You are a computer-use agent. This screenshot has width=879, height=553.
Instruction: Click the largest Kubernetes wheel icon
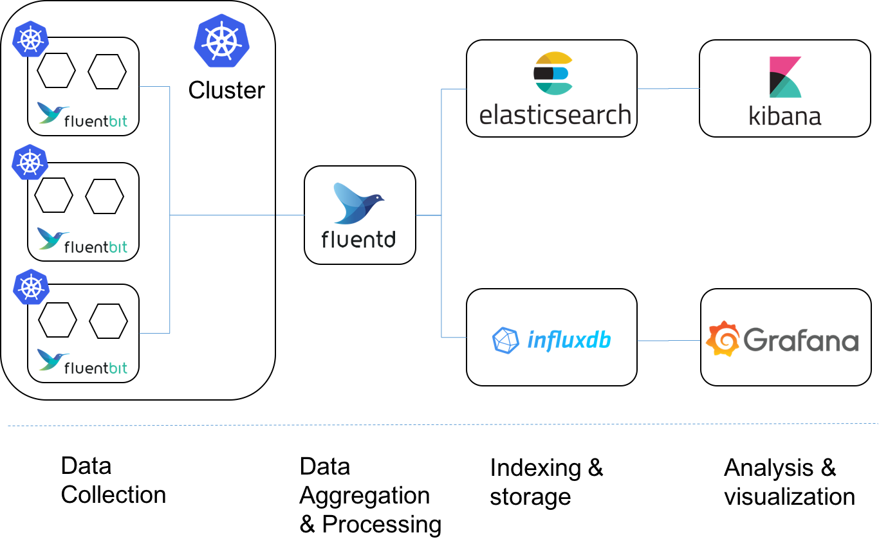(221, 41)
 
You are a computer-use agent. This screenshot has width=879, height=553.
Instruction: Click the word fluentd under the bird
(358, 239)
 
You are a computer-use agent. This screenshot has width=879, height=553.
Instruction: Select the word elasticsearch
(555, 115)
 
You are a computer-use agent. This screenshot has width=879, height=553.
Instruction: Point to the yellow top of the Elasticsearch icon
(553, 59)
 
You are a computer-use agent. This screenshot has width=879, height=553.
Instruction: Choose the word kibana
(785, 116)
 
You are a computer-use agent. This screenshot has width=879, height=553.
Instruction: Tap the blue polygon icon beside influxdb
(506, 340)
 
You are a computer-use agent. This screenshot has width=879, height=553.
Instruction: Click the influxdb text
(569, 340)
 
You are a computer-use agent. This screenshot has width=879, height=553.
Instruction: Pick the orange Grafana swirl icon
(723, 339)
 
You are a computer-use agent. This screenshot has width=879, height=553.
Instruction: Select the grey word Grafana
(801, 340)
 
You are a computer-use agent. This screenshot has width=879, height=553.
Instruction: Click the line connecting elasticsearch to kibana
(669, 89)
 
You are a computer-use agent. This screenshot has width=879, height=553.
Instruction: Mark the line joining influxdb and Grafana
(669, 341)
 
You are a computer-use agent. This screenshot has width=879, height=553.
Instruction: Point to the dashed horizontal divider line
(439, 424)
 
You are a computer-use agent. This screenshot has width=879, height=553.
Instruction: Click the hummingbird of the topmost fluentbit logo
(52, 113)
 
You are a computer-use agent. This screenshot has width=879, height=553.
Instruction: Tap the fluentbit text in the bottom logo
(96, 368)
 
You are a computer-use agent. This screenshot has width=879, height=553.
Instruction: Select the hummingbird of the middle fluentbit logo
(52, 238)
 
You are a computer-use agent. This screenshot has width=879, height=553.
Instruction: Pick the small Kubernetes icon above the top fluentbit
(30, 39)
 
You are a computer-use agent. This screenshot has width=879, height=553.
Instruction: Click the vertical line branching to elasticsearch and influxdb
(441, 212)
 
